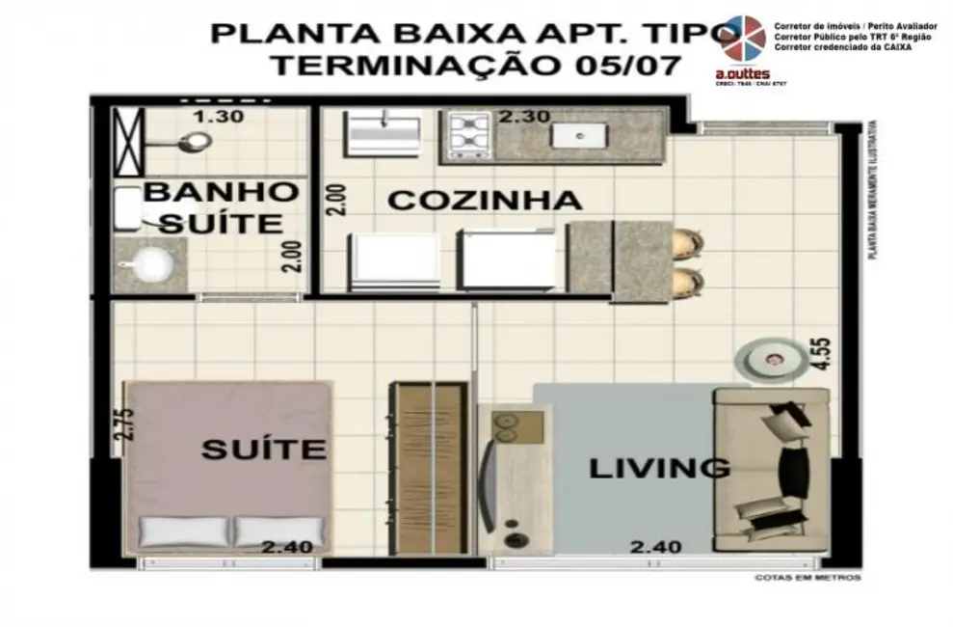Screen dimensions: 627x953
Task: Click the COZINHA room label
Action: [x=485, y=201]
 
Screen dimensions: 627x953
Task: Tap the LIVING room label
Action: [x=658, y=469]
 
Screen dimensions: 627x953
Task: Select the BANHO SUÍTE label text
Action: [x=220, y=206]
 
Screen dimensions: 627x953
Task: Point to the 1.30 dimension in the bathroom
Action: [x=218, y=117]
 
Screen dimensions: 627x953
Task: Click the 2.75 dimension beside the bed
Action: [x=122, y=425]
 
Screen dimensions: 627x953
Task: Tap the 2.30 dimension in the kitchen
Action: [x=524, y=117]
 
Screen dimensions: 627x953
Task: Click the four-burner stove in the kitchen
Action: [x=467, y=135]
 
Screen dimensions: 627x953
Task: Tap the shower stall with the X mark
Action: [x=128, y=142]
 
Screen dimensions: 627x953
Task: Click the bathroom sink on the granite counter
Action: [x=149, y=263]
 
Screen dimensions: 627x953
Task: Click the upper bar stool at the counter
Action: [x=688, y=240]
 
